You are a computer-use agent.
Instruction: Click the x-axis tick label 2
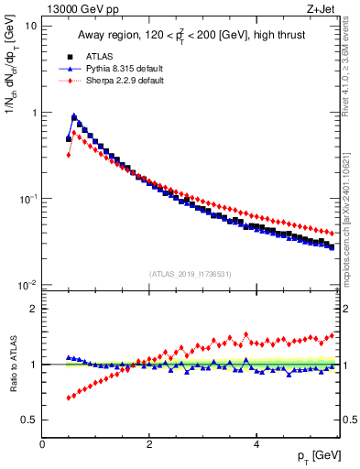[148, 444]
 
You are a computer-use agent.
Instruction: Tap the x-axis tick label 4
[256, 444]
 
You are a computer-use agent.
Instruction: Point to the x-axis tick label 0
[42, 444]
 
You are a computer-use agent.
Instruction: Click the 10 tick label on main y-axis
[30, 27]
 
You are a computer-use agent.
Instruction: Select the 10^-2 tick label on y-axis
[27, 285]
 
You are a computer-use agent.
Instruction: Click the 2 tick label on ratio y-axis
[33, 309]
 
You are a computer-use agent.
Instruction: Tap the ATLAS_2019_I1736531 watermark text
[191, 274]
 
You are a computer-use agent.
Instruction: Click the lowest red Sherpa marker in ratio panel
[69, 398]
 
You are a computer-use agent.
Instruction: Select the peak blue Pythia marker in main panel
[74, 116]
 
